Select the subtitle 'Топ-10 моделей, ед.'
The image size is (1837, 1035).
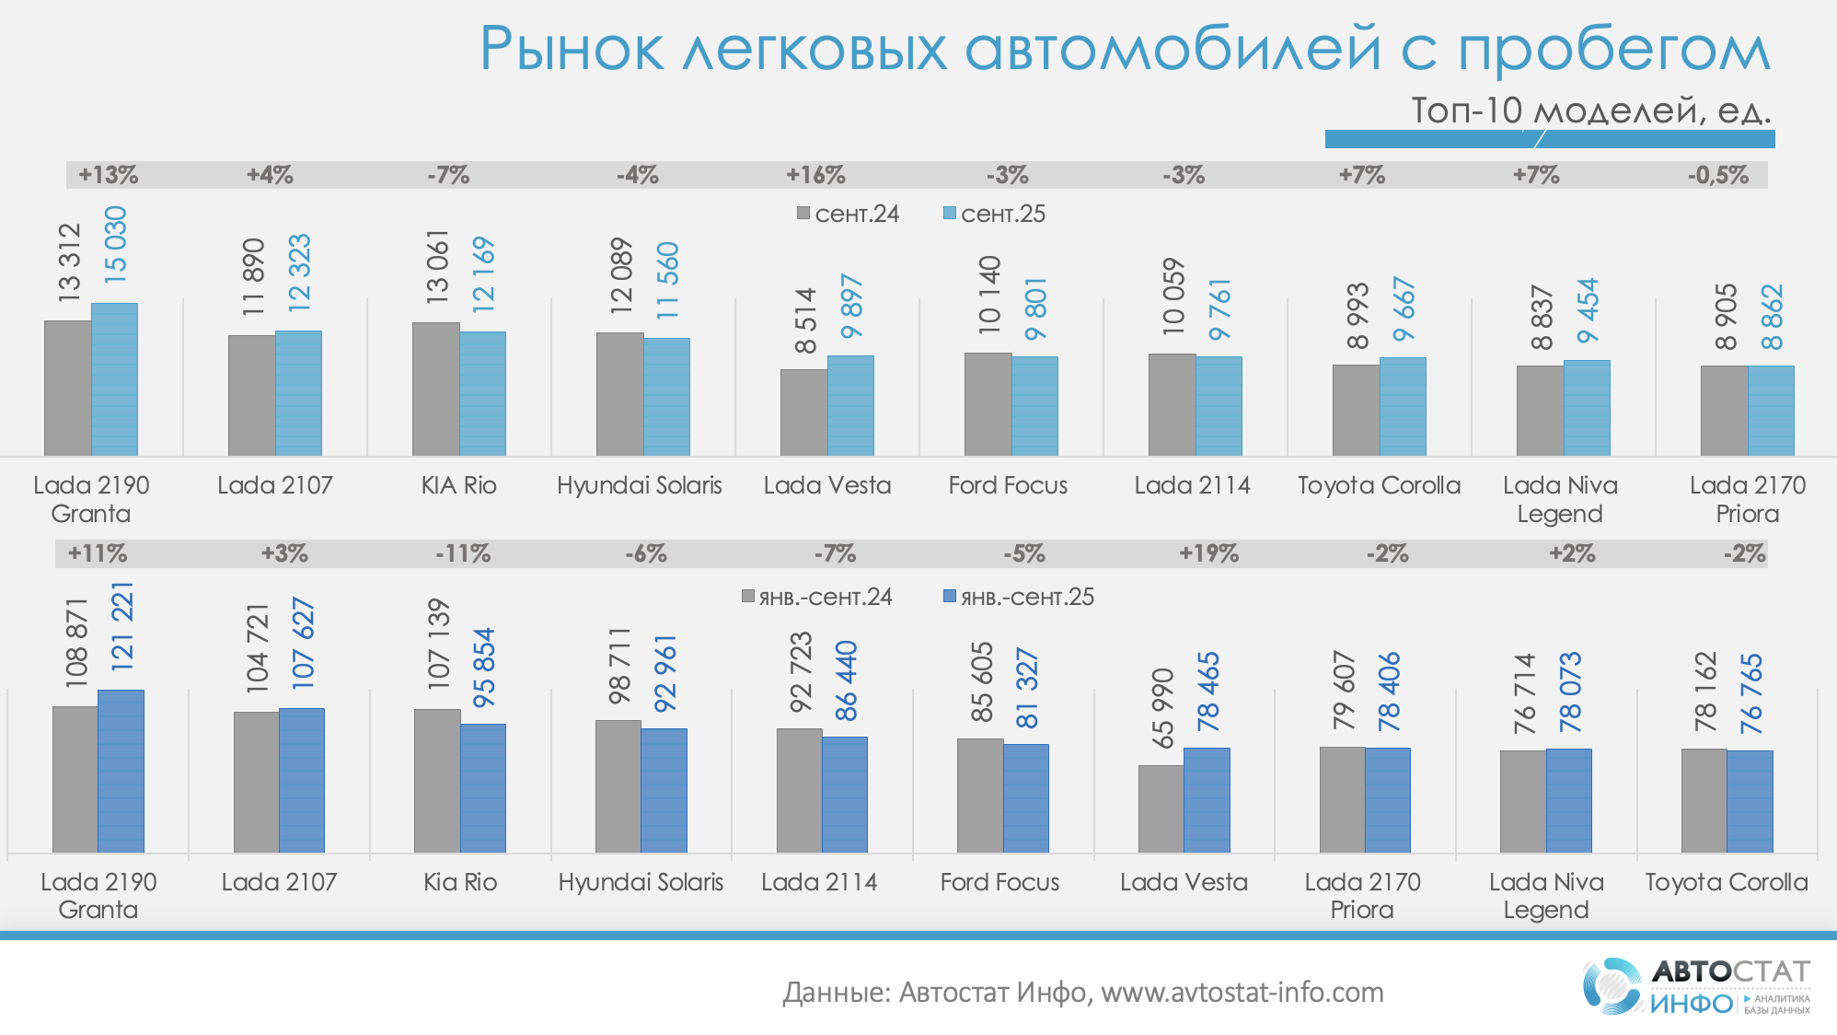1590,110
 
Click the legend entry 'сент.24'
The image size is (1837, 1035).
849,214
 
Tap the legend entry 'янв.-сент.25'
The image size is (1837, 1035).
1019,597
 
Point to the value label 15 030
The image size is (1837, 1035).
115,244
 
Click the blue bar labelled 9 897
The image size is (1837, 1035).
850,405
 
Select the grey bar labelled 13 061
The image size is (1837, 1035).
435,389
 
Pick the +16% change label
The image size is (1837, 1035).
815,175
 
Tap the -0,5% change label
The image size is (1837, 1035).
1717,175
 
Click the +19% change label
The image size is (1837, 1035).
1208,553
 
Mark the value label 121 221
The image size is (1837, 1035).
121,626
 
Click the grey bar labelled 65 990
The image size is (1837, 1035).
1161,808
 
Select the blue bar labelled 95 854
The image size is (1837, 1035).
483,787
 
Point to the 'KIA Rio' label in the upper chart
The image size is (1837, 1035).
458,485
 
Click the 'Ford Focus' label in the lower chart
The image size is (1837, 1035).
999,882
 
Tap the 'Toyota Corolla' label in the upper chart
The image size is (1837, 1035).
1379,485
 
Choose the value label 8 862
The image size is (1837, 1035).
1772,317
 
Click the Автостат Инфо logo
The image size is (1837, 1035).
1696,986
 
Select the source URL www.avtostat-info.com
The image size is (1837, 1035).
1242,992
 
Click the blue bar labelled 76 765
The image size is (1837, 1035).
1750,801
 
